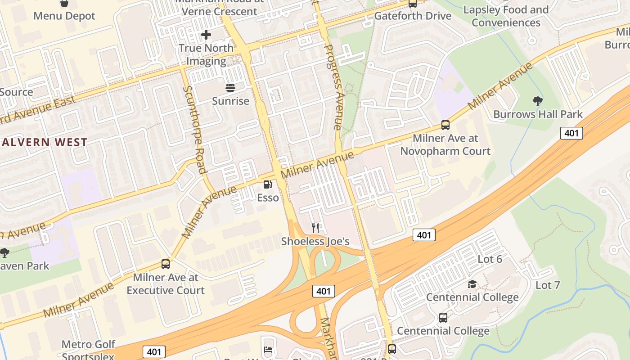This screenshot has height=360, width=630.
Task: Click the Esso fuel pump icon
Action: [268, 184]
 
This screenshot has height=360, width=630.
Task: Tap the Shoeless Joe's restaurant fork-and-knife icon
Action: [315, 228]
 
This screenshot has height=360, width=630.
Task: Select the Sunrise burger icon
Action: [230, 87]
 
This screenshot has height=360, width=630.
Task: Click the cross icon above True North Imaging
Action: [206, 34]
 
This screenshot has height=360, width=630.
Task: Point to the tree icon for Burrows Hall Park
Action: [537, 101]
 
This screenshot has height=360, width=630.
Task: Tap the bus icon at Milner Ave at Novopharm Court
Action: [445, 125]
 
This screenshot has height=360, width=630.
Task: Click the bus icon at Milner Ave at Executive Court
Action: [166, 264]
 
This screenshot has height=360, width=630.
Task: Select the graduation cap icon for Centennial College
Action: [472, 284]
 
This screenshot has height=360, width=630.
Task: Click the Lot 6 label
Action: [490, 259]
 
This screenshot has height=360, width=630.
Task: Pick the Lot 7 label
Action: [548, 285]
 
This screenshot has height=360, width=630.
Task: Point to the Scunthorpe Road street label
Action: [194, 129]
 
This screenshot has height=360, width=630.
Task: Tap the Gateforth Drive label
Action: [413, 16]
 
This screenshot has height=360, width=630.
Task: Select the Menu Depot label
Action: [64, 16]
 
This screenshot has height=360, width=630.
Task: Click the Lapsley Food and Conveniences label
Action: [506, 16]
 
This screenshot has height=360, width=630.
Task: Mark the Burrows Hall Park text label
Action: [538, 114]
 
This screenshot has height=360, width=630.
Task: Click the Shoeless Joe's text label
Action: [315, 241]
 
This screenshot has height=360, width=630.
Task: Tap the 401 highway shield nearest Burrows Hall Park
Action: [571, 133]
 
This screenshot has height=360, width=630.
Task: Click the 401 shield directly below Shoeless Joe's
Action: [324, 291]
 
